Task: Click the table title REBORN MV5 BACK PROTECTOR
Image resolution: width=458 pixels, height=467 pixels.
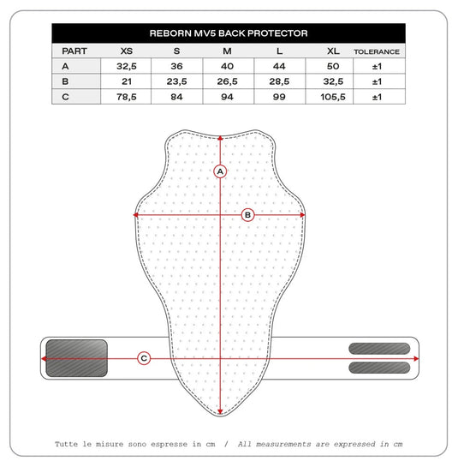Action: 229,33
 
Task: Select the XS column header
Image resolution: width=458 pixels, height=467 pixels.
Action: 127,51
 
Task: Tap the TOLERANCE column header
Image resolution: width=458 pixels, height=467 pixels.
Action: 377,51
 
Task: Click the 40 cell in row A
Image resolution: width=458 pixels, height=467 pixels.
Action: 227,66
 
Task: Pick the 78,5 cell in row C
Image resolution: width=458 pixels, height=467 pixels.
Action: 127,97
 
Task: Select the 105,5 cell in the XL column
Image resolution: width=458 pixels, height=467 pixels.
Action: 333,97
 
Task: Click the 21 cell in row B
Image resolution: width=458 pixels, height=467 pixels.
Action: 127,81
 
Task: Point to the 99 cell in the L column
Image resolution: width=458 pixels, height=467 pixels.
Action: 279,97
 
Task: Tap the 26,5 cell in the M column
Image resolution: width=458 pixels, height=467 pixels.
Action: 227,81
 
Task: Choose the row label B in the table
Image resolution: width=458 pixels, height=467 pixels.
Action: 65,81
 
